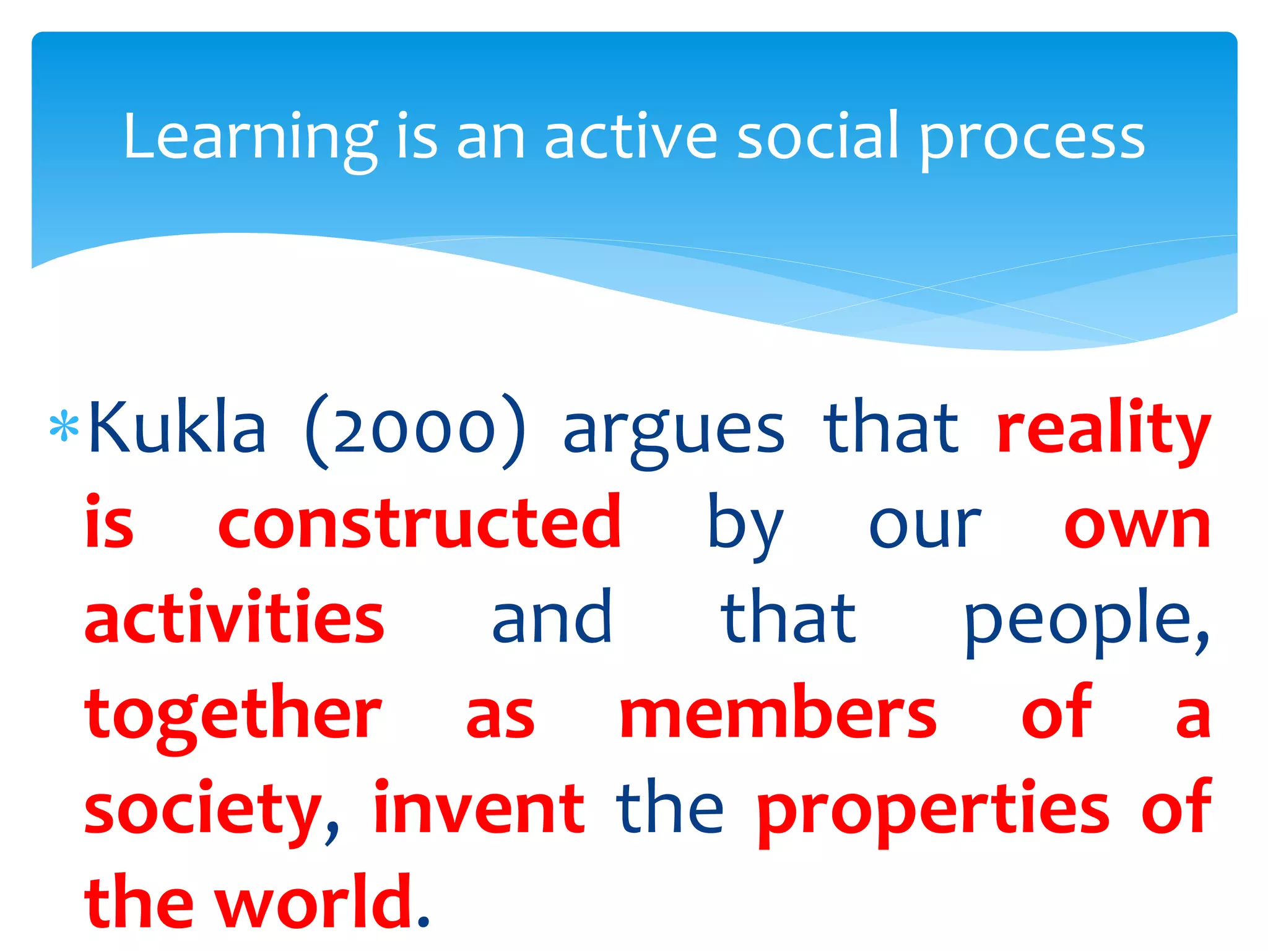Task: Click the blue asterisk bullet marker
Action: click(x=64, y=427)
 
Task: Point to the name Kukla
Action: click(x=178, y=427)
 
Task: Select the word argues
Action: click(x=674, y=431)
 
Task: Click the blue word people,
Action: click(x=1086, y=619)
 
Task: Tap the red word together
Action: click(x=233, y=715)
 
